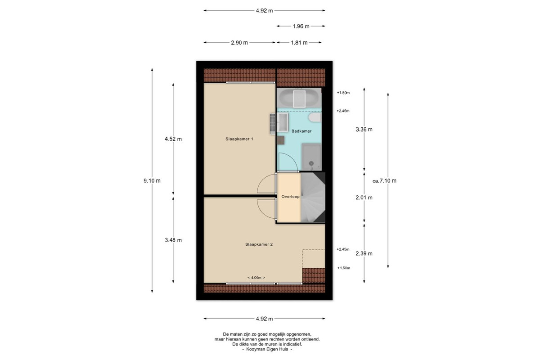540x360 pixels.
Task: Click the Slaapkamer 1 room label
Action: tap(239, 139)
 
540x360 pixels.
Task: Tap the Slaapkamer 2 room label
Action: tap(259, 244)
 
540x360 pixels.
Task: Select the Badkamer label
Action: tap(301, 131)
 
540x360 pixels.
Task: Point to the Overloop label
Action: tap(291, 197)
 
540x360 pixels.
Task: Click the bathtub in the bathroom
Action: tap(299, 99)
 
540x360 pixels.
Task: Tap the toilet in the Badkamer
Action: tap(315, 117)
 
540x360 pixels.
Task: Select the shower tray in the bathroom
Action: tap(311, 157)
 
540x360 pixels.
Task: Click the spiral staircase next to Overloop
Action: tap(313, 197)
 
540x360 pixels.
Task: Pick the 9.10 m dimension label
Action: tap(152, 180)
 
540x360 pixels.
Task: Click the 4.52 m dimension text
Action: tap(173, 139)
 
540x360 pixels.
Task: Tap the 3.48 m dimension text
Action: tap(173, 240)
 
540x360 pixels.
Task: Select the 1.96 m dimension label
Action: tap(301, 26)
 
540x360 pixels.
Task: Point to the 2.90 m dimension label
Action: tap(239, 43)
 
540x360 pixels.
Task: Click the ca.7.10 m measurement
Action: tap(384, 180)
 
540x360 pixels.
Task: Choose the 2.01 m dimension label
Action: tap(364, 198)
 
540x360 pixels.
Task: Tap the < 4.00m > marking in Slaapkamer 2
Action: tap(256, 278)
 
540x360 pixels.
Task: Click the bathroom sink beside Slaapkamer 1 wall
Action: tap(283, 122)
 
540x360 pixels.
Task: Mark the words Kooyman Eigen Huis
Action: tap(267, 349)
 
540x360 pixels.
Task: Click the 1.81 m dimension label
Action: tap(299, 43)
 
